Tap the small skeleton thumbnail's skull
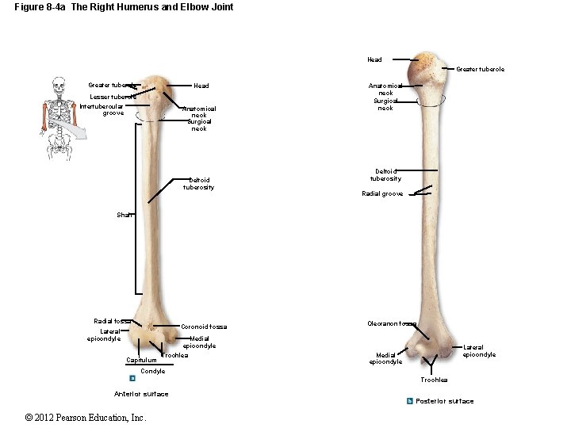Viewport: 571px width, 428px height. [x=57, y=84]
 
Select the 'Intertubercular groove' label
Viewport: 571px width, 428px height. [x=102, y=109]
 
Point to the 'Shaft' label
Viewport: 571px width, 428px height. [x=125, y=215]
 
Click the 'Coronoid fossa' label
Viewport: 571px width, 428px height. [x=204, y=327]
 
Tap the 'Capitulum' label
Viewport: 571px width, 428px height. [x=141, y=361]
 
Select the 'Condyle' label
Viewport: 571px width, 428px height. [x=152, y=371]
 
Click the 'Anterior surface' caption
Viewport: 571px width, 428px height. [x=141, y=394]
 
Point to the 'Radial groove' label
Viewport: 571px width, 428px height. [x=382, y=193]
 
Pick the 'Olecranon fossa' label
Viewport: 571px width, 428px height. [x=391, y=323]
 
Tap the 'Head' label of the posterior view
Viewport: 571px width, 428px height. [x=374, y=59]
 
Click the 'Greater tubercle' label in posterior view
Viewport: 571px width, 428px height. [x=480, y=70]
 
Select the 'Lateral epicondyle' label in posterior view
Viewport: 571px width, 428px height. [x=479, y=351]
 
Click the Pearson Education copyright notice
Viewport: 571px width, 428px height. [x=86, y=418]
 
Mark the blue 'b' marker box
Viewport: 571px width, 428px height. [x=409, y=401]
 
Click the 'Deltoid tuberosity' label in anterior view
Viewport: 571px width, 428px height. [x=198, y=184]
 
